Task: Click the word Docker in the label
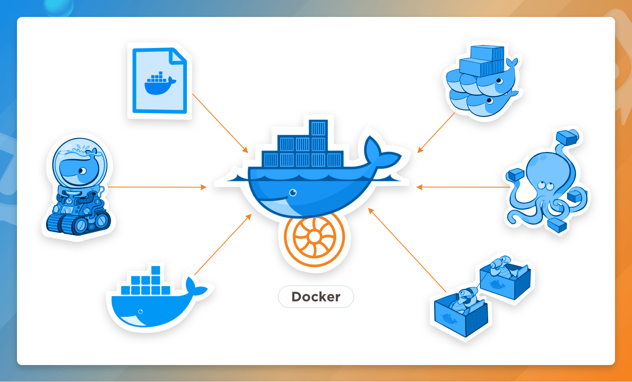click(316, 297)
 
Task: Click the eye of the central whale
click(293, 193)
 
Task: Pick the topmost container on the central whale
click(318, 128)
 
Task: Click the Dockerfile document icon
click(160, 81)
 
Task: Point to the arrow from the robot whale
click(157, 187)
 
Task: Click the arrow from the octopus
click(463, 187)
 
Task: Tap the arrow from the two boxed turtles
click(408, 250)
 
